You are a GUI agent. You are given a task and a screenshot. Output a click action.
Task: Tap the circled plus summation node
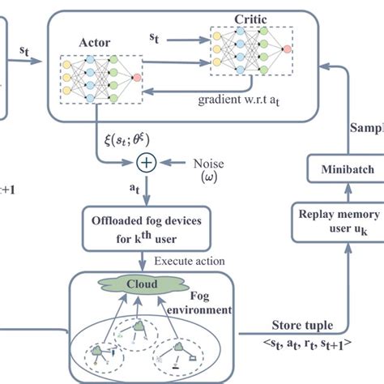(x=146, y=162)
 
